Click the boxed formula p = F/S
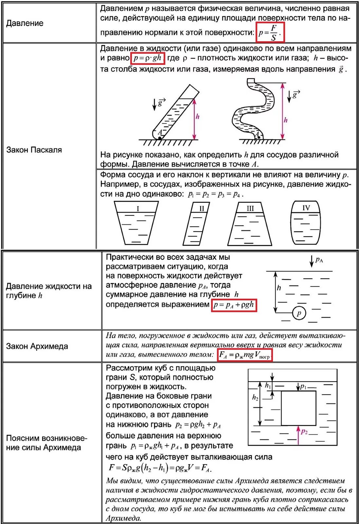click(x=270, y=32)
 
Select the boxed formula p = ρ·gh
click(x=147, y=58)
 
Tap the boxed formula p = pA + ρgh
click(x=234, y=305)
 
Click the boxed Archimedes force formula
click(x=245, y=355)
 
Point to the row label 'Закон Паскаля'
click(x=34, y=150)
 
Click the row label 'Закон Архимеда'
click(x=37, y=346)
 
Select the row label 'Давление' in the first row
click(x=25, y=23)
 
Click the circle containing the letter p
click(x=298, y=313)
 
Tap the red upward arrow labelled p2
click(x=298, y=435)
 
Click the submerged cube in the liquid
click(x=298, y=408)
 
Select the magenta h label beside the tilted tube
click(x=197, y=117)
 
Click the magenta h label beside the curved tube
click(x=285, y=120)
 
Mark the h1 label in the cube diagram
click(x=268, y=385)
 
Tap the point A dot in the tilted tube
click(x=160, y=138)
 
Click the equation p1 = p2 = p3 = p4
click(x=215, y=194)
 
